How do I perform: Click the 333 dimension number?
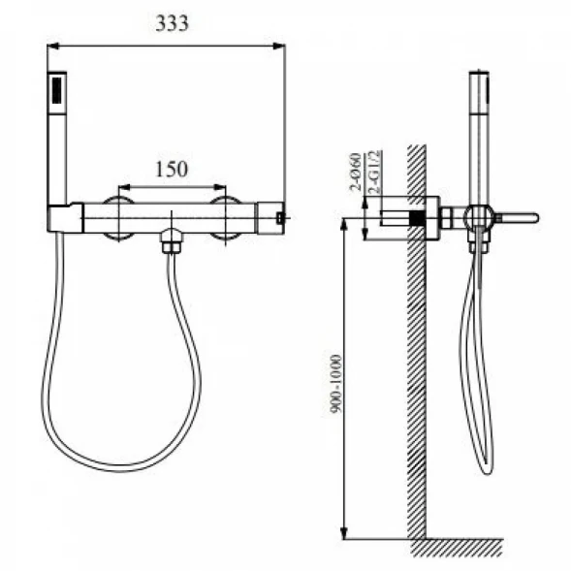pos(172,23)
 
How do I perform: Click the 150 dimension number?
pos(172,170)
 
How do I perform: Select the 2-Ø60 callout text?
pos(356,173)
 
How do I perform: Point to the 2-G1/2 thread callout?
pos(375,172)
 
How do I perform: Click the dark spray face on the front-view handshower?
pos(57,90)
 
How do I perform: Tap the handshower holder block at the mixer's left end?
pos(65,218)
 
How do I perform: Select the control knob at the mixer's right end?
pos(270,218)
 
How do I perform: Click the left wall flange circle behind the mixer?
pos(118,218)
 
